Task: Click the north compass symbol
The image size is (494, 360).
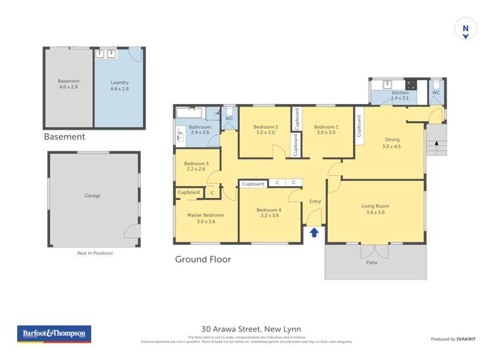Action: point(466,30)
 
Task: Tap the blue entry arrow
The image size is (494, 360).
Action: point(314,232)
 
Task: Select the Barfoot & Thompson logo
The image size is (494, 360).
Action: point(54,334)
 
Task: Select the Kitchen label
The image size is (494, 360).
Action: point(400,93)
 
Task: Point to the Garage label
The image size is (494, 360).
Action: point(92,195)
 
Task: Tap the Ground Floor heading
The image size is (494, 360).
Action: point(203,259)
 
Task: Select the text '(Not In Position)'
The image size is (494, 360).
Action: point(94,253)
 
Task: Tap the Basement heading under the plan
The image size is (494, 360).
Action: point(65,137)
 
